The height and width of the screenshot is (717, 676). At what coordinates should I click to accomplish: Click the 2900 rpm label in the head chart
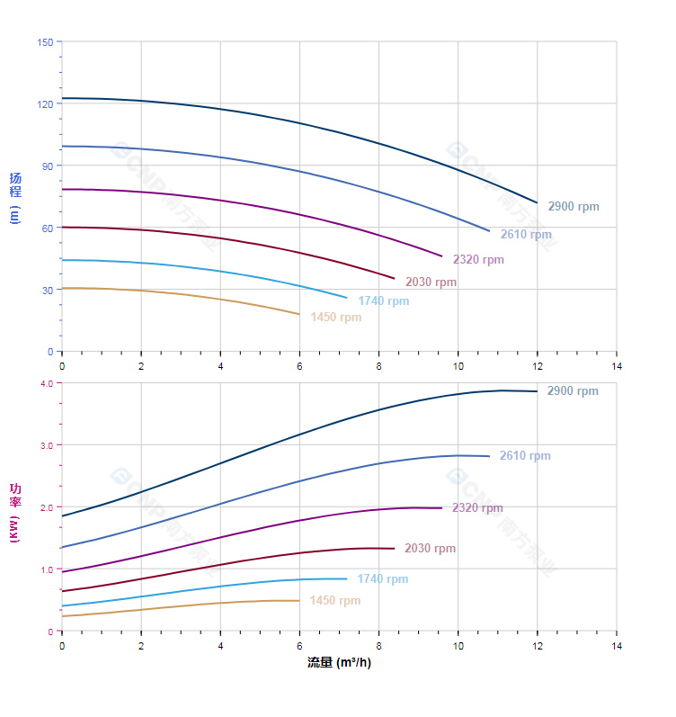coord(574,207)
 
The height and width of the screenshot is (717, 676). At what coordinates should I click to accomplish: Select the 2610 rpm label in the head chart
coord(526,235)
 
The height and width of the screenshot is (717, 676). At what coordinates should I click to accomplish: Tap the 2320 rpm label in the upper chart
coord(478,260)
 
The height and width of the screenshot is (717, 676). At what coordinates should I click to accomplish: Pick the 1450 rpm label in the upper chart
coord(336,318)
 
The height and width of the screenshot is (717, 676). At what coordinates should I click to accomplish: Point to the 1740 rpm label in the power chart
coord(382,579)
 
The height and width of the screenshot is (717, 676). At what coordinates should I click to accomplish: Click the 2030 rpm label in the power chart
coord(430,549)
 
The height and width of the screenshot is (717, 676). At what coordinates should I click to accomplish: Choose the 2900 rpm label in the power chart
coord(573,391)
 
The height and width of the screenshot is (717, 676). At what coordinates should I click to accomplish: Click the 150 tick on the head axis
coord(45,42)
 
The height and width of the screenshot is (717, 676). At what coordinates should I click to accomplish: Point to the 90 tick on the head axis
coord(48,166)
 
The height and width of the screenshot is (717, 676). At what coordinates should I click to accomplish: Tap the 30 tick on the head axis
coord(48,290)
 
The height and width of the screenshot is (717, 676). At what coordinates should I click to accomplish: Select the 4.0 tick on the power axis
coord(47,383)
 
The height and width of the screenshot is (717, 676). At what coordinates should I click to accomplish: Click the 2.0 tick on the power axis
coord(47,507)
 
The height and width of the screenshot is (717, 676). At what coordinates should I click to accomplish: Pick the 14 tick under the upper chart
coord(617,366)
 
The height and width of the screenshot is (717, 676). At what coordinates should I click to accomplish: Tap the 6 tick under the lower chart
coord(299,646)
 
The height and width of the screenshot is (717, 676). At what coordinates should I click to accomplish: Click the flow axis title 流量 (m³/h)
coord(339,663)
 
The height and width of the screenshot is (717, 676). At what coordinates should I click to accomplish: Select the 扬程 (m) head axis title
coord(14,197)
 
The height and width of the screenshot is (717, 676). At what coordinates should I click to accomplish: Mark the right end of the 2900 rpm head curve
coord(537,202)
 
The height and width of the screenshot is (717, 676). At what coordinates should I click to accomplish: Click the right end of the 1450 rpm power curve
coord(299,601)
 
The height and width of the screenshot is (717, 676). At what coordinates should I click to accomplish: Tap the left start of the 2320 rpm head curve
coord(62,189)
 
